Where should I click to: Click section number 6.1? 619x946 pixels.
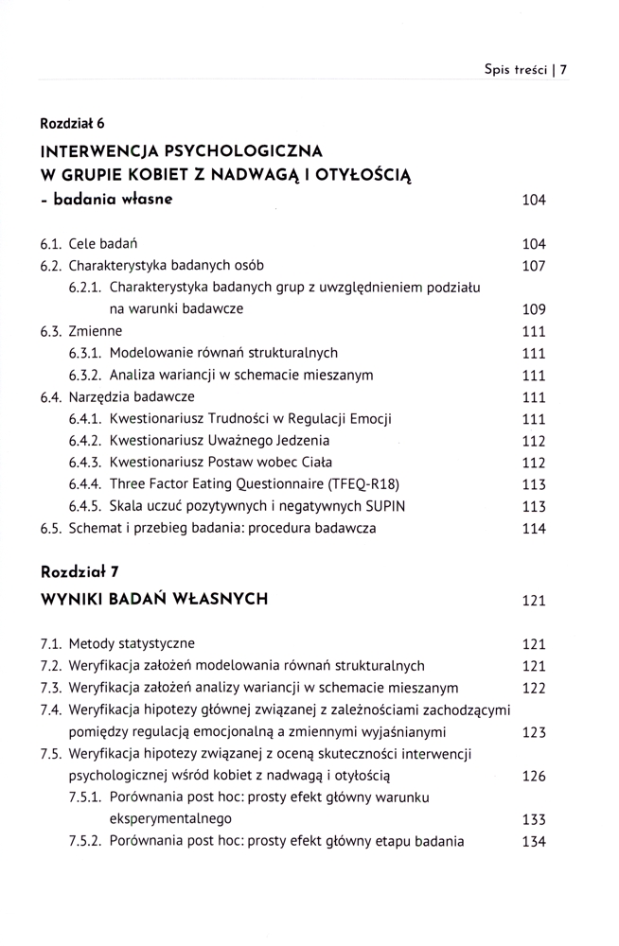pos(51,244)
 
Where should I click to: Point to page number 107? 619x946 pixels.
pos(535,266)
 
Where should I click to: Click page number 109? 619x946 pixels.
pos(535,310)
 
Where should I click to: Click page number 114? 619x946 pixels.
pos(535,529)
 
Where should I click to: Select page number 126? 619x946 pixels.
pos(535,777)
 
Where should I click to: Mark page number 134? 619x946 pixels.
pos(535,841)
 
